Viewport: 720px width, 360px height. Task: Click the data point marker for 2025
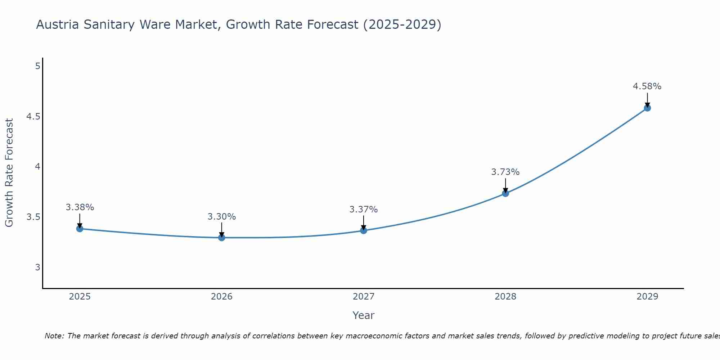[80, 229]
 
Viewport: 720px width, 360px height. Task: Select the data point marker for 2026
[221, 238]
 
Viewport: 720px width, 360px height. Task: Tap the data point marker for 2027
[364, 230]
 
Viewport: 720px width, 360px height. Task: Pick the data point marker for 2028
[505, 193]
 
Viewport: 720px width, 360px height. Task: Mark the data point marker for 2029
[647, 108]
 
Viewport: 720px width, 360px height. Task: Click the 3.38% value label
[80, 207]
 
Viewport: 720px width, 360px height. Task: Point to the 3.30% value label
[221, 217]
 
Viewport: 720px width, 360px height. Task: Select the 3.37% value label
[364, 210]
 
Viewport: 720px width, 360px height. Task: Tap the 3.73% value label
[505, 172]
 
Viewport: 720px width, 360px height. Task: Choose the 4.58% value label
[647, 86]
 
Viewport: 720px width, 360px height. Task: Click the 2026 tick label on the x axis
[221, 297]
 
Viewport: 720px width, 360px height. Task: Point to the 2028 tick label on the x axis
[505, 297]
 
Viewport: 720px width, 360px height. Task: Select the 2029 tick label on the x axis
[647, 297]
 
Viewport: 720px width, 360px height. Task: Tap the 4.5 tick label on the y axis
[33, 117]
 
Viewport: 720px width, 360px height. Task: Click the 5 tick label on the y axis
[37, 66]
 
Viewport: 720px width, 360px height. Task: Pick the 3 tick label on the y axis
[37, 267]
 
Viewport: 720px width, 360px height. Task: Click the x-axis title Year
[364, 315]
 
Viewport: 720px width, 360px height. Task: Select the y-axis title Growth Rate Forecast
[9, 173]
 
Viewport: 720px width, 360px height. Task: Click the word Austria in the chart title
[58, 24]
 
